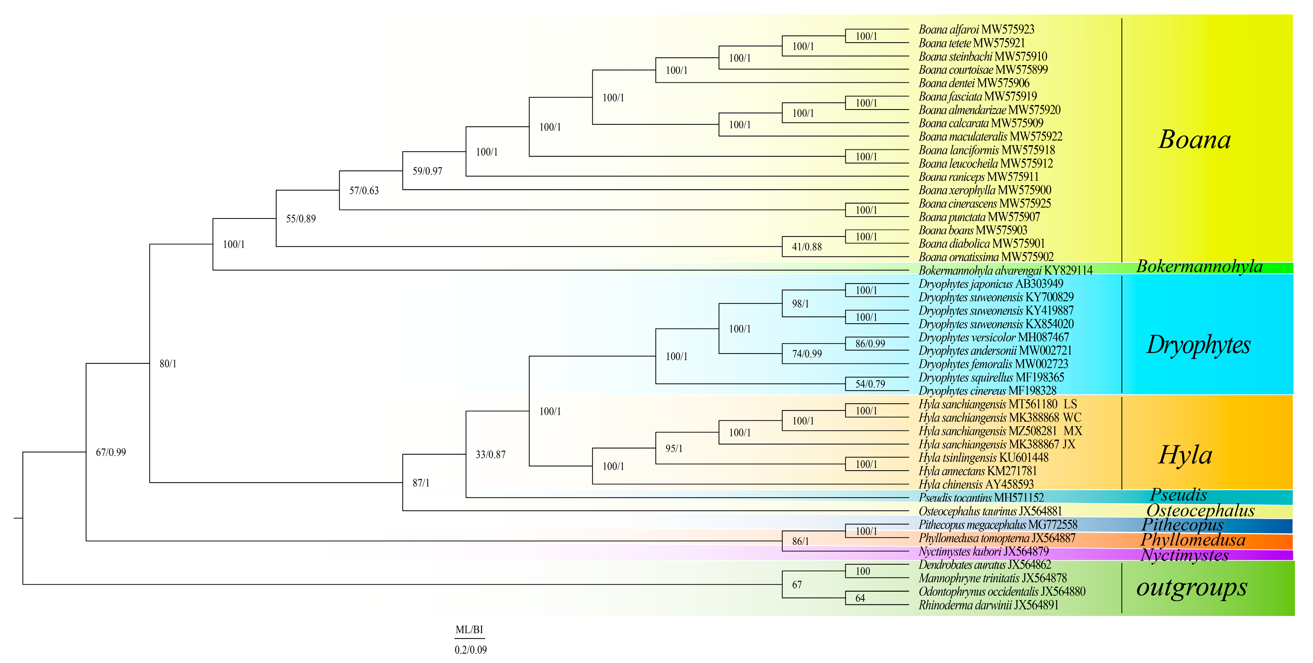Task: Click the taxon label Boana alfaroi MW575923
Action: click(976, 30)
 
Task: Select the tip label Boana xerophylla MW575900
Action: click(985, 190)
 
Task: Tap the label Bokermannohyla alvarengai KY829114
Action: click(1005, 270)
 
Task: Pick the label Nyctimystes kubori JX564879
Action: click(983, 551)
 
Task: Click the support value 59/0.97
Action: click(427, 171)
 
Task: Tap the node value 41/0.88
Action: click(806, 247)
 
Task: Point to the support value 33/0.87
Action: click(490, 454)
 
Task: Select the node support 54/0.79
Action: click(870, 384)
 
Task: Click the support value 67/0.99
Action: click(111, 452)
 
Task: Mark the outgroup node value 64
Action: click(860, 598)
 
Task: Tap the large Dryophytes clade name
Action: click(1198, 345)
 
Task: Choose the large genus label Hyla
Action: click(1185, 455)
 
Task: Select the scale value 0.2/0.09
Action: click(470, 650)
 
